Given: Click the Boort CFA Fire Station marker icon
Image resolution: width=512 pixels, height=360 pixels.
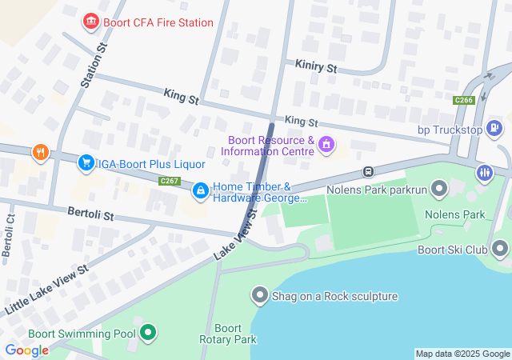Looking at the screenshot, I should [x=92, y=21].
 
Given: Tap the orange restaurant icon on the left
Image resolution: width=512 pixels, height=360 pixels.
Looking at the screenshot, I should [x=40, y=151].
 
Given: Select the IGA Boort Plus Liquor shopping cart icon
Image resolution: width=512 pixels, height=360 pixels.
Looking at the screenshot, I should [x=86, y=163].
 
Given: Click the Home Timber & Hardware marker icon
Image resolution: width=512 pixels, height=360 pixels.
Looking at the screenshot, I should [x=200, y=190].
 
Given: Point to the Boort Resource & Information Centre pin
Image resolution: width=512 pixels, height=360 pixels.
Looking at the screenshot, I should [x=326, y=145].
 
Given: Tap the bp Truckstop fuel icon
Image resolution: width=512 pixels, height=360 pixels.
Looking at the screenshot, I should [x=495, y=127].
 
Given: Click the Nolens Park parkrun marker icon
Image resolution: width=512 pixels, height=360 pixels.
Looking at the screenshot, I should [x=438, y=190].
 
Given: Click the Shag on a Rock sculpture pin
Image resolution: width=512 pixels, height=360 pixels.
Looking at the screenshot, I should [x=260, y=296].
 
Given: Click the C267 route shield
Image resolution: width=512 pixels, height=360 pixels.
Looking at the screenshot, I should [x=169, y=182].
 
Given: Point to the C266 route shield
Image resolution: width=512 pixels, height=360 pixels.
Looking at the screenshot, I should [x=463, y=100].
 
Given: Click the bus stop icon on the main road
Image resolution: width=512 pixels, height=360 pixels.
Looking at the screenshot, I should [x=368, y=170].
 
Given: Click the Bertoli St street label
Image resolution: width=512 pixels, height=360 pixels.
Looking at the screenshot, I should [x=91, y=216].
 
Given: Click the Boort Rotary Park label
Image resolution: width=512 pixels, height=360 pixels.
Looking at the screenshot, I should [x=229, y=334].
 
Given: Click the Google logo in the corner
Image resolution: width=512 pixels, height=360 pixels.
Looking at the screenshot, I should [x=26, y=350].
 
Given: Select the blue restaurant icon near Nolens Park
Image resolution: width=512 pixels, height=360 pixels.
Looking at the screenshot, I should [x=485, y=173].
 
